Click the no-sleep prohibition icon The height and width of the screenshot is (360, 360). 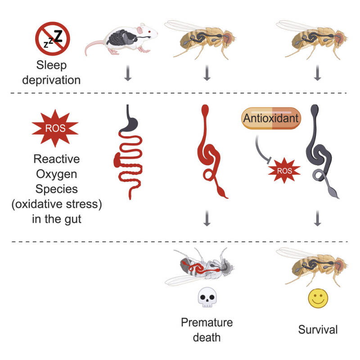point(53,39)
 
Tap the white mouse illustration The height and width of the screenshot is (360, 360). point(121,39)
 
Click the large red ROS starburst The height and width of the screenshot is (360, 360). point(55,128)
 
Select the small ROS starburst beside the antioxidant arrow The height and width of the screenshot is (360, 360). point(284,171)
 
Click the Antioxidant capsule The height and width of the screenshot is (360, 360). point(271,118)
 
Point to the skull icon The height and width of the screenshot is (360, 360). point(207,297)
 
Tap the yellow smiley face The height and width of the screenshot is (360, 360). point(318,298)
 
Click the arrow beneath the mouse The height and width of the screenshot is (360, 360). point(128,73)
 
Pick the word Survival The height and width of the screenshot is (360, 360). point(318,330)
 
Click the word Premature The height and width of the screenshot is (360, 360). point(207,322)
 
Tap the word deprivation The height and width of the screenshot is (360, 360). point(51,81)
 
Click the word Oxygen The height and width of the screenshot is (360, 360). point(57,174)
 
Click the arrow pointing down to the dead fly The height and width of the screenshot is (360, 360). point(207,218)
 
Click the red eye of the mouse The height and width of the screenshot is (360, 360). point(149,31)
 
